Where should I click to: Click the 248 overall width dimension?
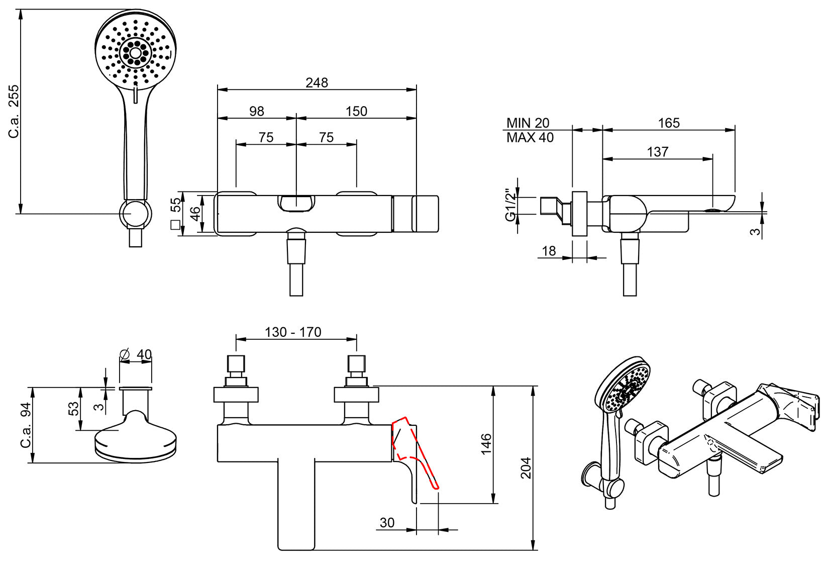click(317, 82)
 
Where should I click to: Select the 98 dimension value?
click(256, 111)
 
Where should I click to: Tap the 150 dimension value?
click(356, 111)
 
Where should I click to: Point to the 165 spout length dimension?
click(669, 123)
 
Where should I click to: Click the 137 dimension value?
click(658, 152)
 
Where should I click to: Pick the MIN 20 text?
click(528, 123)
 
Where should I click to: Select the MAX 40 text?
click(530, 138)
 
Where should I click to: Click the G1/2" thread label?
click(510, 205)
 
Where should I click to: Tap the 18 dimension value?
click(549, 251)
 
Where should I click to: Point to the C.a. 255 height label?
click(14, 112)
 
